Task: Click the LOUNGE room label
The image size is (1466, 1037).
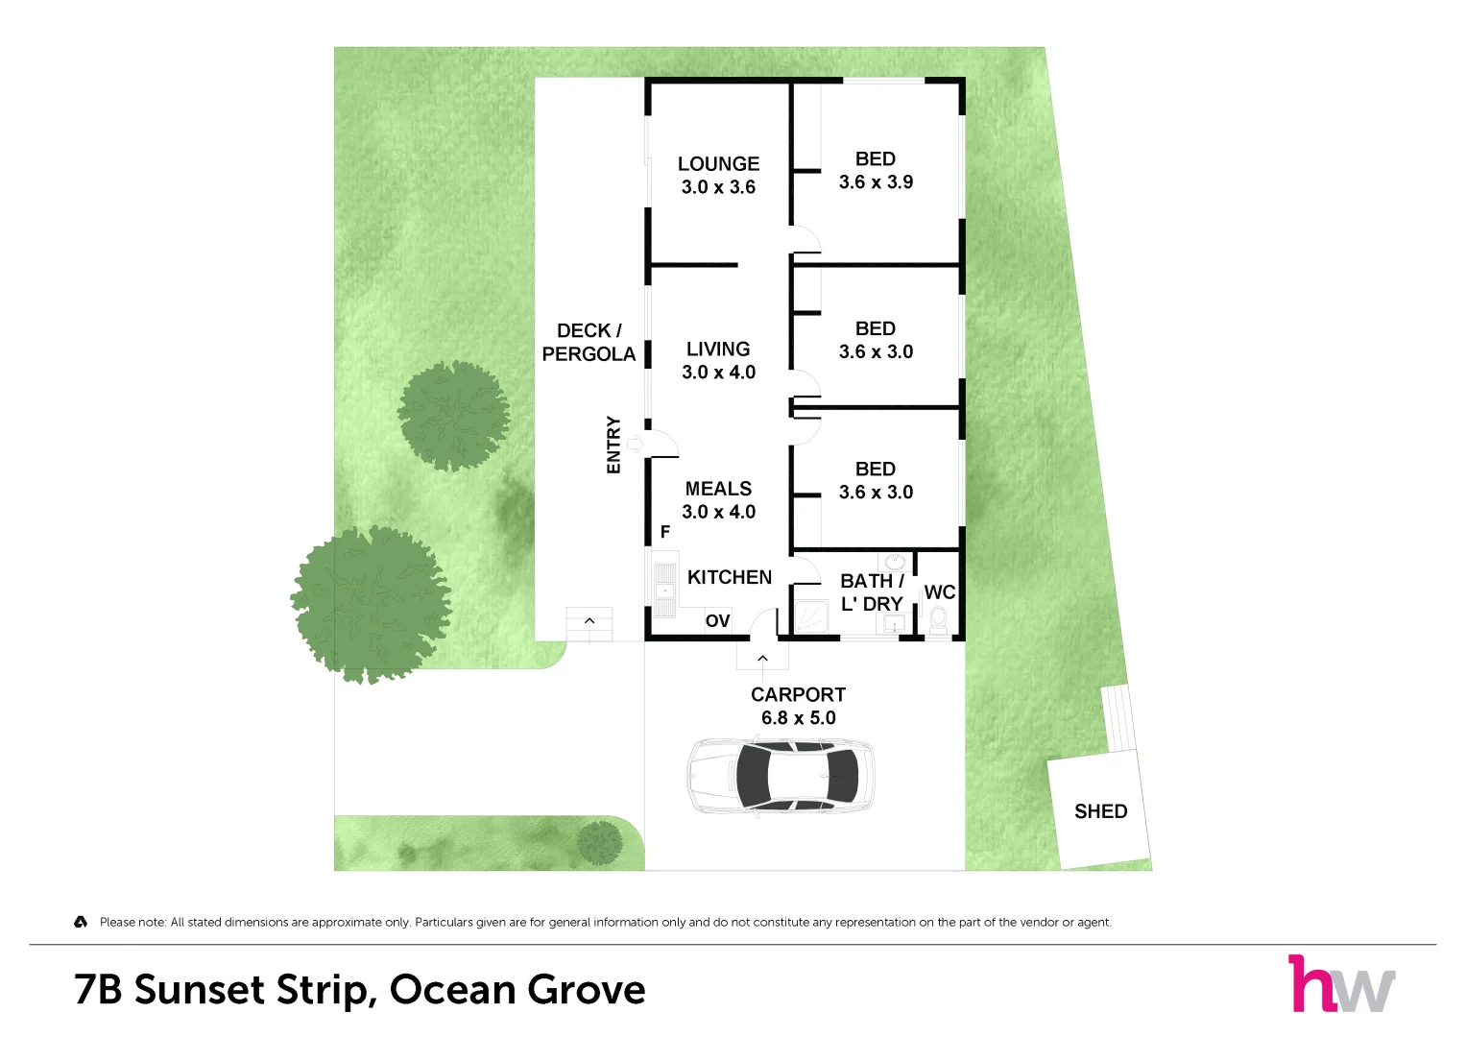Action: pos(719,163)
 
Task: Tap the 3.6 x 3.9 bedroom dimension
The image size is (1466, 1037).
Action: pos(876,182)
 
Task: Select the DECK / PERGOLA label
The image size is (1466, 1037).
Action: pos(589,343)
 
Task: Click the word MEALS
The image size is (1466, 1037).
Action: pos(719,489)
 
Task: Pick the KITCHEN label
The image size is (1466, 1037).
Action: pos(730,577)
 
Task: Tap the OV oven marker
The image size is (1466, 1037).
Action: pos(717,620)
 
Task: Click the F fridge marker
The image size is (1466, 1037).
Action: pos(665,532)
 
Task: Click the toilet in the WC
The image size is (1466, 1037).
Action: pos(939,619)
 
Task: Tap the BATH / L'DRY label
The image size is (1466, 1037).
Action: pos(872,592)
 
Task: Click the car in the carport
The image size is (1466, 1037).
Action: pos(781,777)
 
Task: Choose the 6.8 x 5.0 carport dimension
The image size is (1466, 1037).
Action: pos(799,718)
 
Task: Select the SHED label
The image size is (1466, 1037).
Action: pos(1101,811)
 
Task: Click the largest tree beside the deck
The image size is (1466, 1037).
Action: pos(372,604)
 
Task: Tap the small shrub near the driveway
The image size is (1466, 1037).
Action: pos(600,843)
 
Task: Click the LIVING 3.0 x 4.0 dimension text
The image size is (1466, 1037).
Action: pos(719,373)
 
